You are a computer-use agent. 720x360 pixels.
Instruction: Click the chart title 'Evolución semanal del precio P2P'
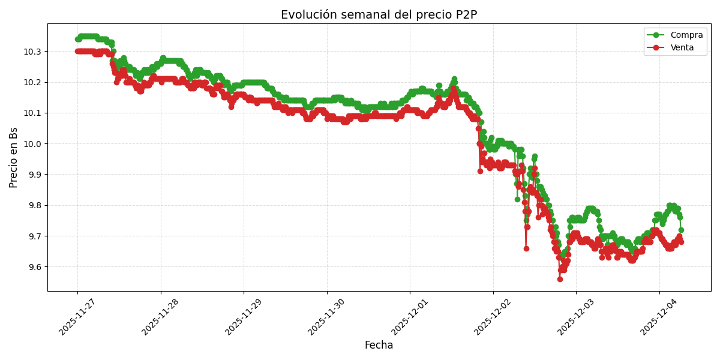[x=379, y=15]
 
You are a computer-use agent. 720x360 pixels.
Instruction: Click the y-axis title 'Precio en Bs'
[x=14, y=157]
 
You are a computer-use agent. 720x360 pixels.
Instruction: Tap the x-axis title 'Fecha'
[x=379, y=346]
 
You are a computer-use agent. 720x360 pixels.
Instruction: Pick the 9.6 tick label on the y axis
[x=34, y=267]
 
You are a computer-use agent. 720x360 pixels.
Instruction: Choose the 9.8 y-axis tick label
[x=34, y=205]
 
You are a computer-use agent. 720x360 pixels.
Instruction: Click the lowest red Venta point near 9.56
[x=560, y=279]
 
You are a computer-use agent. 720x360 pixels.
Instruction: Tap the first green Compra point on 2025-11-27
[x=77, y=39]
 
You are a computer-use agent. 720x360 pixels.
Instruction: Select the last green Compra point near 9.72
[x=681, y=230]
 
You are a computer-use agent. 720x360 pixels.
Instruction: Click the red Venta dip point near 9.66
[x=526, y=248]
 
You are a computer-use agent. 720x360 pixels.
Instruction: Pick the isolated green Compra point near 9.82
[x=517, y=199]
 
